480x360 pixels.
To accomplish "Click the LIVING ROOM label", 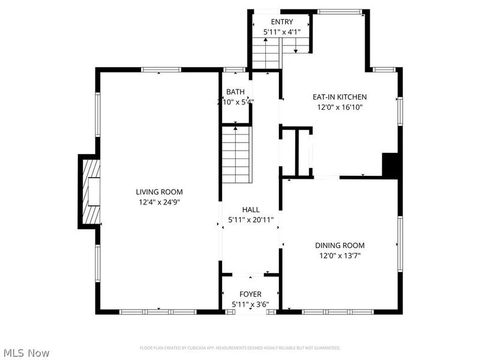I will point(159,192).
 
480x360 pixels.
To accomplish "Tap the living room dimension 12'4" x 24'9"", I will point(159,202).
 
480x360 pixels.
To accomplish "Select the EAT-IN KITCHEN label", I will point(340,97).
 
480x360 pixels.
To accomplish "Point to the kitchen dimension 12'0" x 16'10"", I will point(340,107).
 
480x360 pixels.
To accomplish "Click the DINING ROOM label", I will point(340,245).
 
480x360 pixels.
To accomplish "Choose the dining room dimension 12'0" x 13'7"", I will point(340,256).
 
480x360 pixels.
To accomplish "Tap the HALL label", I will point(251,209).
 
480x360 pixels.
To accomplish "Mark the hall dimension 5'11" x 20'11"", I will point(251,220).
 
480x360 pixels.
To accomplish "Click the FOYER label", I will point(251,294).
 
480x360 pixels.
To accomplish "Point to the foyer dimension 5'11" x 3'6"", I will point(251,305).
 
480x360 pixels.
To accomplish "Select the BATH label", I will point(235,92).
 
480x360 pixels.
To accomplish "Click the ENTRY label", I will point(282,22).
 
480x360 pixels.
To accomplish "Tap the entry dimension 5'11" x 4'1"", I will point(282,32).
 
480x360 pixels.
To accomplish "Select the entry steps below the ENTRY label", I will point(266,53).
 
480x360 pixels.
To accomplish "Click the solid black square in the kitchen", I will point(391,166).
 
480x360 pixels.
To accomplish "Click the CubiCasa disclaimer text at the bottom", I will point(240,348).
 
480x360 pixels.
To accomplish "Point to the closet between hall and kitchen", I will point(297,152).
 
